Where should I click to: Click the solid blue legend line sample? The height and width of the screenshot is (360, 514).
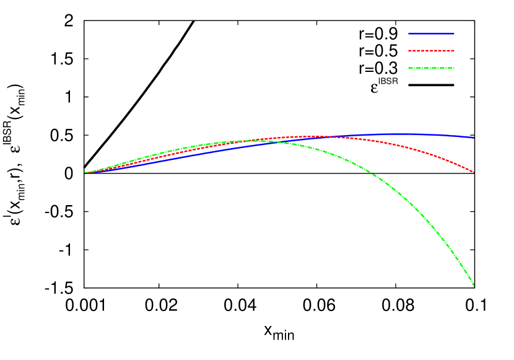pyautogui.click(x=431, y=33)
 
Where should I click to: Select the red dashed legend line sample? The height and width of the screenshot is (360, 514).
pyautogui.click(x=431, y=51)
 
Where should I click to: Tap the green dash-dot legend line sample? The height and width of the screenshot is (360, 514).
pyautogui.click(x=431, y=68)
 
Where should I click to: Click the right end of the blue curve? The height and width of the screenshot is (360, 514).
pyautogui.click(x=474, y=137)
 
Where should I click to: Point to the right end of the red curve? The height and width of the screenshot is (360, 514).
pyautogui.click(x=474, y=172)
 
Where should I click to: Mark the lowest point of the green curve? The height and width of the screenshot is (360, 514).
pyautogui.click(x=474, y=286)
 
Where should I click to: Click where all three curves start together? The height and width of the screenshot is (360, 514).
pyautogui.click(x=85, y=172)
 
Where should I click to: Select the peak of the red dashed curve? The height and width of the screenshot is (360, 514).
pyautogui.click(x=316, y=136)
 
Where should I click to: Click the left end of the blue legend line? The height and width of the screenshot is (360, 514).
pyautogui.click(x=409, y=33)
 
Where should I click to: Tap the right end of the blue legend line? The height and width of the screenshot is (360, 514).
pyautogui.click(x=454, y=33)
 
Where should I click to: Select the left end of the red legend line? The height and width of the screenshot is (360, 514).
pyautogui.click(x=409, y=51)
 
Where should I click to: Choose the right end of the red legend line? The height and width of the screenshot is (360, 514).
pyautogui.click(x=454, y=51)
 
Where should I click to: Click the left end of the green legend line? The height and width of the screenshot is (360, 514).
pyautogui.click(x=409, y=68)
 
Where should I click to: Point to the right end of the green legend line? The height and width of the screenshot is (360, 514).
pyautogui.click(x=454, y=68)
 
